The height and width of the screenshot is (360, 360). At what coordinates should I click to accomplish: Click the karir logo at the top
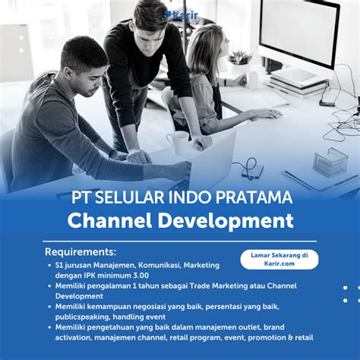pos(180,15)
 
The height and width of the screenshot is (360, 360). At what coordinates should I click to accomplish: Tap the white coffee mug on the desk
pos(178,143)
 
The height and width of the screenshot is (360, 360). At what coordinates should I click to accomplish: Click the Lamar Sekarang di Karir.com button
pos(279,259)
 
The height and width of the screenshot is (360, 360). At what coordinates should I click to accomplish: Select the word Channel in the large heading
pos(109,221)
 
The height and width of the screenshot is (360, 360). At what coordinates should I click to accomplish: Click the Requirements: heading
pos(81,252)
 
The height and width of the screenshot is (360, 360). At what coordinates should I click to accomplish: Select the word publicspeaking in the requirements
pos(83,317)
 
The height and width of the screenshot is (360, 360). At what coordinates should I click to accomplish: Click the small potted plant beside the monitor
pos(238,62)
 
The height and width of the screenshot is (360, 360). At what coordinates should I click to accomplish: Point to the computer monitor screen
pos(298,32)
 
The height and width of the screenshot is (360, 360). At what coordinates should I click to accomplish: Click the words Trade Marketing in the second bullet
pos(219,286)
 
